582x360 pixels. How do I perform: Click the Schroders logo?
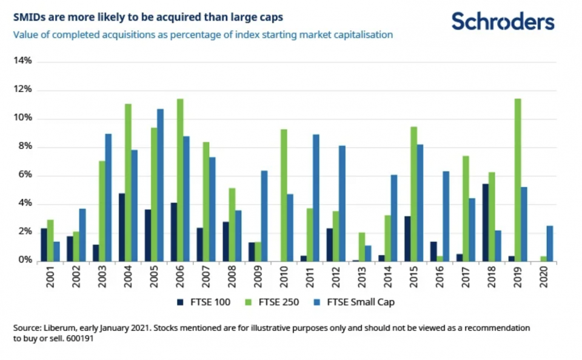point(503,21)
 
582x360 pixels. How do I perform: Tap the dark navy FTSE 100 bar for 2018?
point(484,222)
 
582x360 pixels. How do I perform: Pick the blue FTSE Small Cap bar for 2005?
point(160,185)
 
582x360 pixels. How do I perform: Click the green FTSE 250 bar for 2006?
point(179,180)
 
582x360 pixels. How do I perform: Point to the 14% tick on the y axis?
point(22,62)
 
